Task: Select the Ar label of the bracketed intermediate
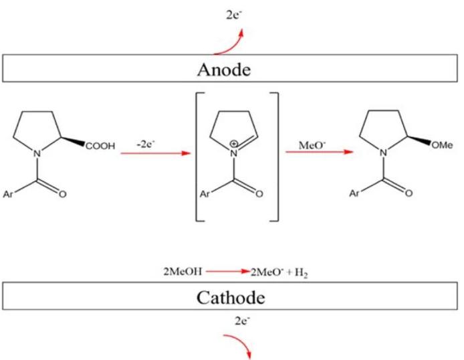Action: pos(205,194)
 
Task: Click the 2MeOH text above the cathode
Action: pos(170,273)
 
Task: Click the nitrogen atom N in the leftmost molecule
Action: pos(38,154)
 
